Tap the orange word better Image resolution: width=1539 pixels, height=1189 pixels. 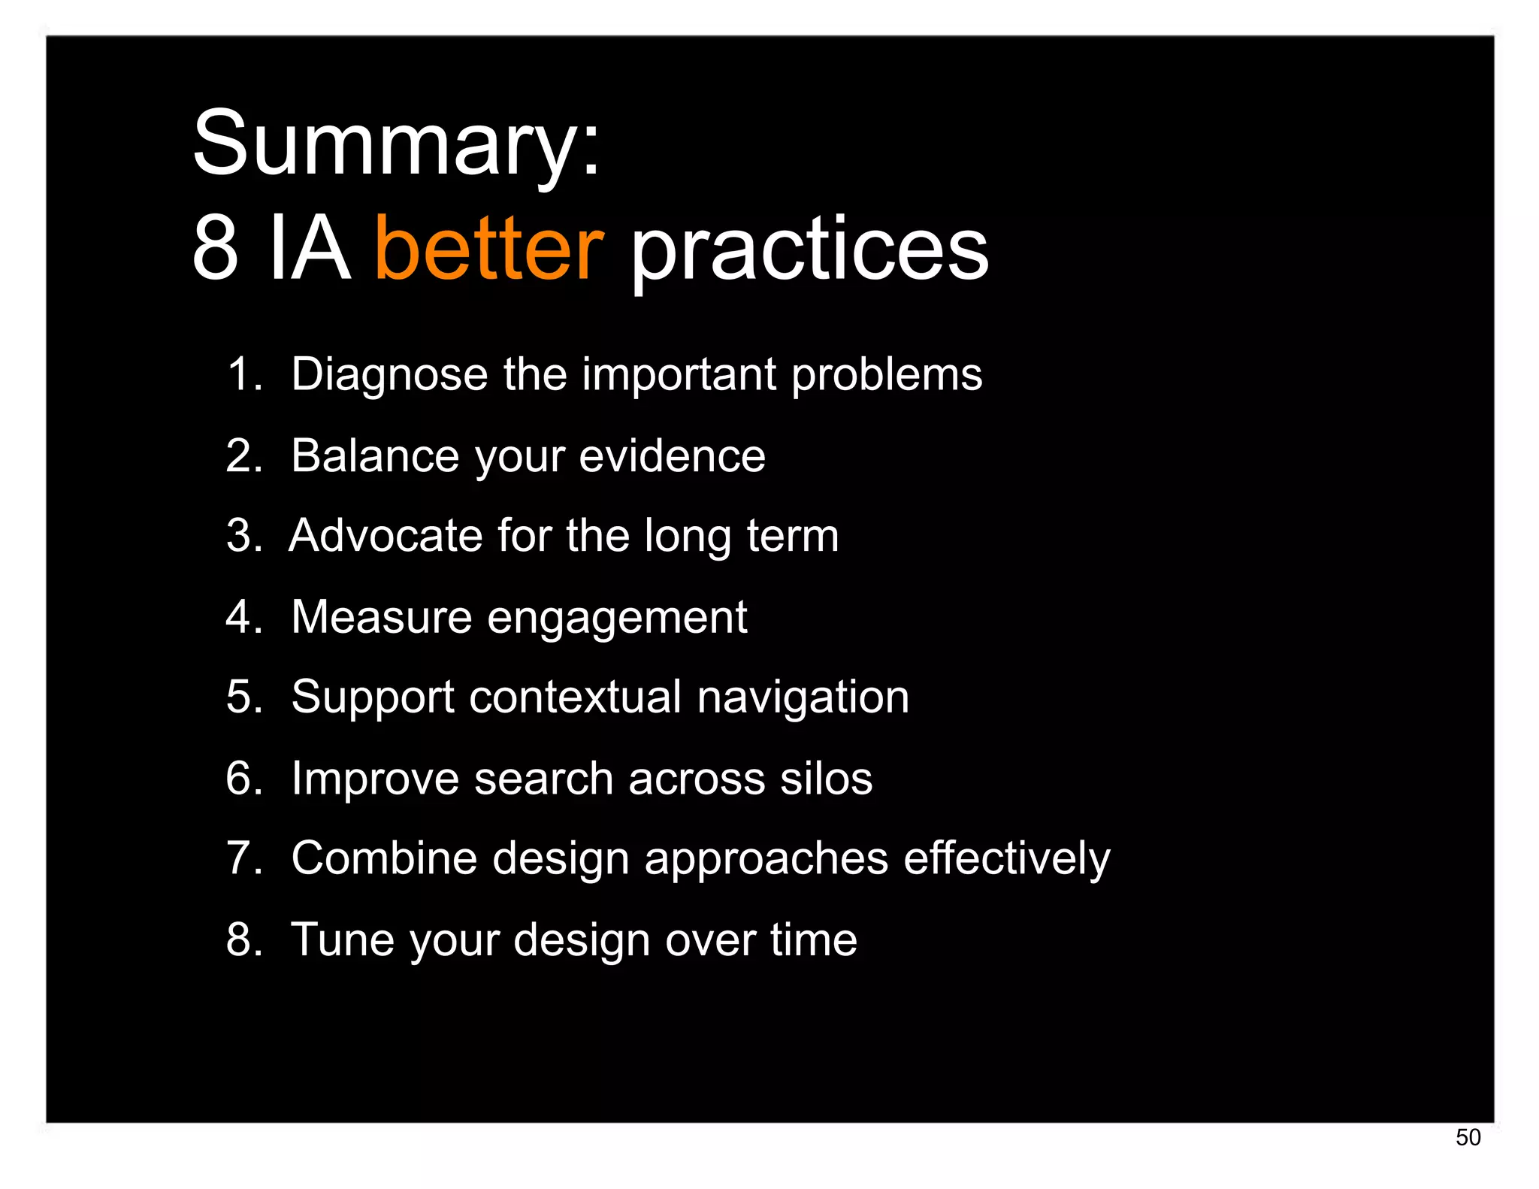[488, 248]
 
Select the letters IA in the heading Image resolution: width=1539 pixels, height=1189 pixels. [309, 248]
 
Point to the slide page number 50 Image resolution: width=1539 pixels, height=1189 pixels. [1468, 1137]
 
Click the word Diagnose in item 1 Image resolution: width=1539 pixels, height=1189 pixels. [389, 374]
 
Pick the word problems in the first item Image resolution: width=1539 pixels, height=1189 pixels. [886, 374]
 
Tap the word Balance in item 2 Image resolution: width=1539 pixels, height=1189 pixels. [374, 455]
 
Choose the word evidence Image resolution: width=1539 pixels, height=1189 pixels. [672, 455]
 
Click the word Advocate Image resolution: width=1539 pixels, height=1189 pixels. [385, 536]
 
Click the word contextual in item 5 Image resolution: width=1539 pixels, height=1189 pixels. [575, 697]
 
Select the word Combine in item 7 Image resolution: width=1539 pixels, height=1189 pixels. [383, 858]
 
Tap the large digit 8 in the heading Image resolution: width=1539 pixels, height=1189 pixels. [215, 248]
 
